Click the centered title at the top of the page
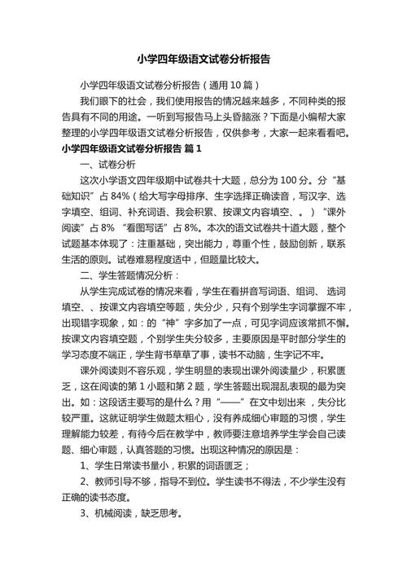pyautogui.click(x=203, y=59)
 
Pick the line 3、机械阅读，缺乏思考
pyautogui.click(x=131, y=515)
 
